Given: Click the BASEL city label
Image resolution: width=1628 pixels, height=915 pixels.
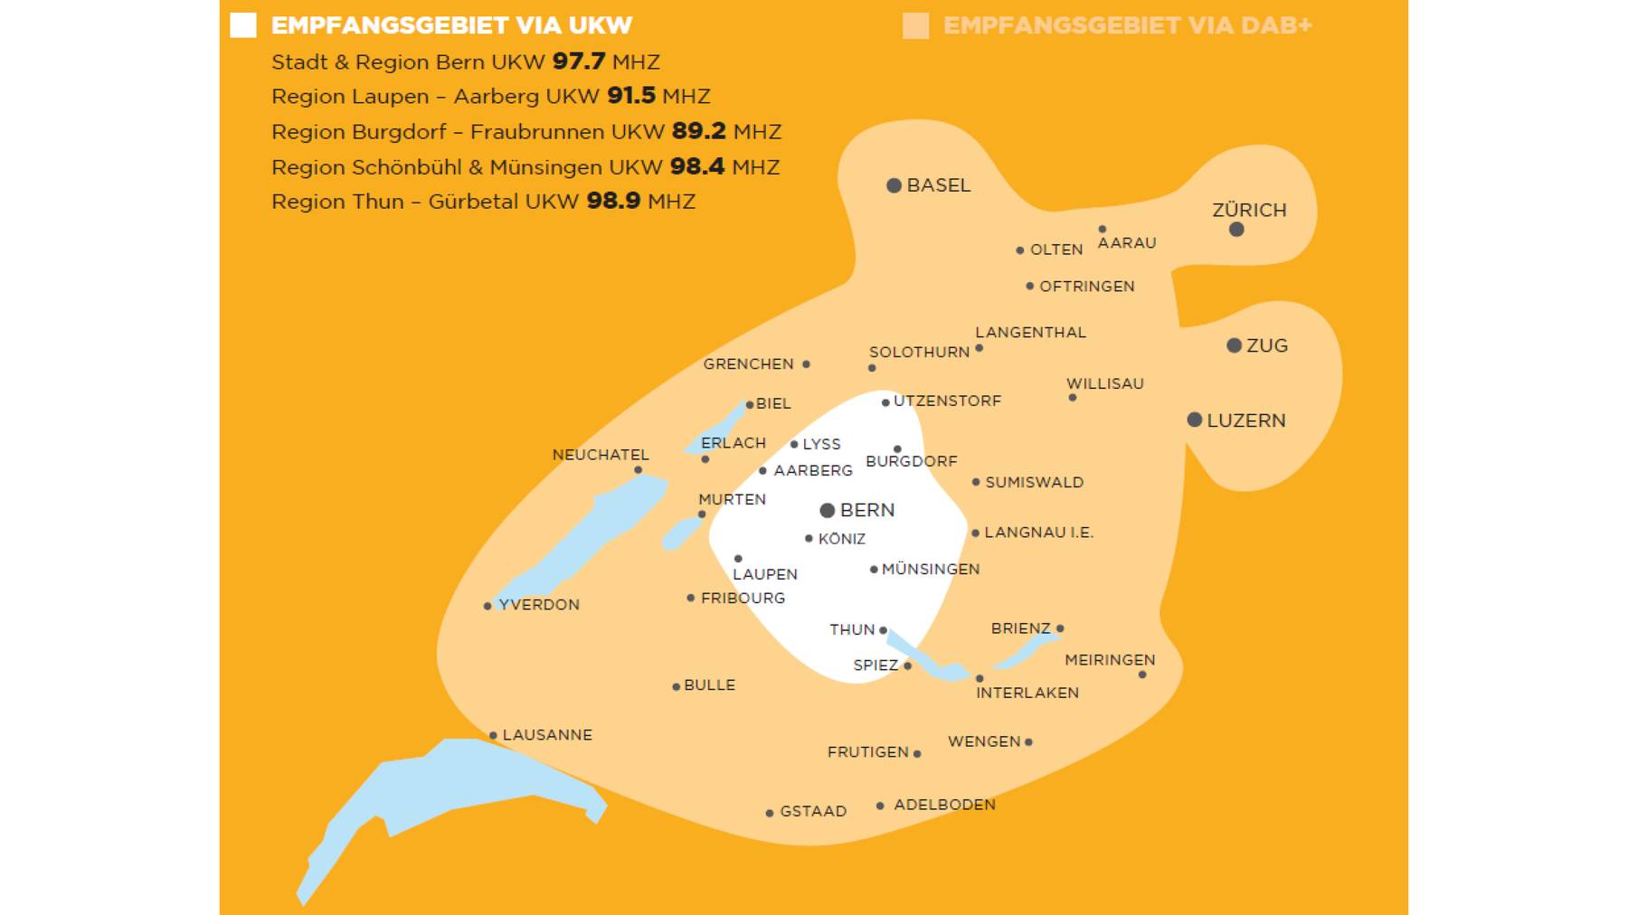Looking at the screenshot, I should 938,185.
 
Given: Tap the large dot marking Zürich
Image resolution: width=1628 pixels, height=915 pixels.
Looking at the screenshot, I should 1236,230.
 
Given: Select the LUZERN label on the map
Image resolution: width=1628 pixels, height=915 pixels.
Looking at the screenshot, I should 1245,420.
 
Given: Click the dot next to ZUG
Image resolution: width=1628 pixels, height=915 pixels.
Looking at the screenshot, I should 1234,345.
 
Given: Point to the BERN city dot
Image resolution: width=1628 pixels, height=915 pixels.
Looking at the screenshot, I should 827,511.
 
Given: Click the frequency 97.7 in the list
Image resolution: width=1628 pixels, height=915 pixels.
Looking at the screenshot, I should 578,61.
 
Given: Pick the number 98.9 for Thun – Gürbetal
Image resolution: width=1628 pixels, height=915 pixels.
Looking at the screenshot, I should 613,201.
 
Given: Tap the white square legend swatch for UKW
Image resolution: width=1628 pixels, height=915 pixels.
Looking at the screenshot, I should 243,25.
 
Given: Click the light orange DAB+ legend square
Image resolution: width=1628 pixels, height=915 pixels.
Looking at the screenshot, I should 915,25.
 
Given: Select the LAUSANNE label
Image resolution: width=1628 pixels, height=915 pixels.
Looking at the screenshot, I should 547,735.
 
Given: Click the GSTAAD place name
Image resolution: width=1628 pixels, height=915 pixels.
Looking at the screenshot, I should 813,812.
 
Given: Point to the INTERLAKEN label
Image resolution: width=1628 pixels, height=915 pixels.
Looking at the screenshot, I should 1027,693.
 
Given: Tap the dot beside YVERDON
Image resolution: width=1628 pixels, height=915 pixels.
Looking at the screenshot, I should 487,606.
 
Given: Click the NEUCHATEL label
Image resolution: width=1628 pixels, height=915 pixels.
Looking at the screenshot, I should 601,455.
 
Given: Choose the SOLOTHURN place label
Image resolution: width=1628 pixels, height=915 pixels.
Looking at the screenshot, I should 919,353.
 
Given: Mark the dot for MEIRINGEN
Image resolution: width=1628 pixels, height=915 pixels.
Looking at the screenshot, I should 1142,674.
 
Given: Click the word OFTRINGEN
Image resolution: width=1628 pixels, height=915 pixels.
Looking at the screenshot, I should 1086,287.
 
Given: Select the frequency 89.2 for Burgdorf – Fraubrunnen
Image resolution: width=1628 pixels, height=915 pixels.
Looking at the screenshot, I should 698,131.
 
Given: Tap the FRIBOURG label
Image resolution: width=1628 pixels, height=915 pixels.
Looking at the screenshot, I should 743,599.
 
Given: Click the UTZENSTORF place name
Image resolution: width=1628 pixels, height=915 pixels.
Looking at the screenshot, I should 947,401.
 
